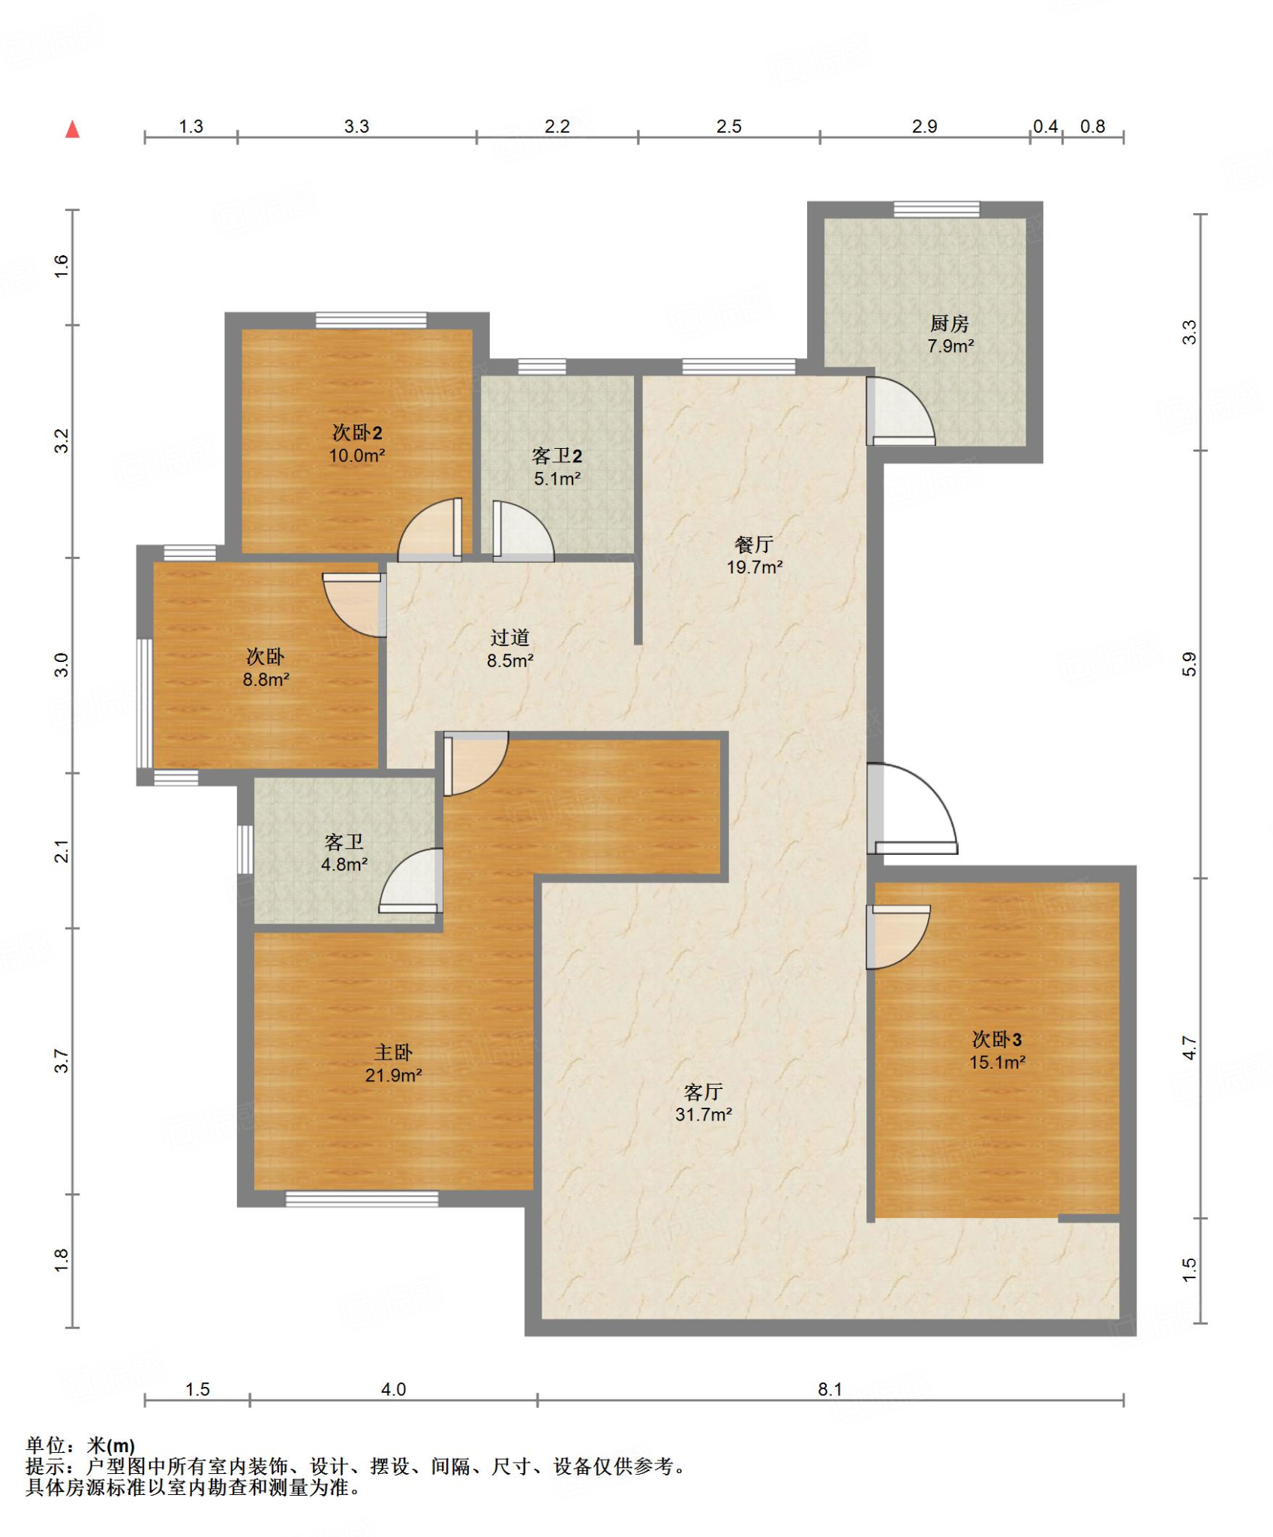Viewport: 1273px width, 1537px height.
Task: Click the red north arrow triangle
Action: click(x=72, y=130)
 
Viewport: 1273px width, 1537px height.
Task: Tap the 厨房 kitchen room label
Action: click(x=949, y=323)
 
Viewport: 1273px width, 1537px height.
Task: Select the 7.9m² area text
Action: click(x=950, y=346)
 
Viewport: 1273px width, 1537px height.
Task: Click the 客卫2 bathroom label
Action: click(x=557, y=456)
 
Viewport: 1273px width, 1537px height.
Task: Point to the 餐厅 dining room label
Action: click(x=754, y=544)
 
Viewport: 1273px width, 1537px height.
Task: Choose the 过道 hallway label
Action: click(x=510, y=637)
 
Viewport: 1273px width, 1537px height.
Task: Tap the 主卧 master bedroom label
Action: click(x=393, y=1052)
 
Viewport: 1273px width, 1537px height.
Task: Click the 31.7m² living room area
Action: click(x=703, y=1114)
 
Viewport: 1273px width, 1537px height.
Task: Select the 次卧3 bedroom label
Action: click(x=997, y=1039)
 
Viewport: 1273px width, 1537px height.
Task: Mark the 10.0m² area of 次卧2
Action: click(x=357, y=456)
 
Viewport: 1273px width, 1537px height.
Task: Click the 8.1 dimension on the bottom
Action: click(x=830, y=1389)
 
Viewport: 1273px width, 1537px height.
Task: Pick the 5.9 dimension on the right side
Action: click(x=1189, y=664)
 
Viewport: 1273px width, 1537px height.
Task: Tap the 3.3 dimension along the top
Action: click(x=356, y=126)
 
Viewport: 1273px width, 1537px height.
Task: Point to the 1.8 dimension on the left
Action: click(x=62, y=1260)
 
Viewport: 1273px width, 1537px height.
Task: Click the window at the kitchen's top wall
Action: click(x=936, y=209)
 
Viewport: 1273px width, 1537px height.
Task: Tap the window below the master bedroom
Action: click(x=362, y=1199)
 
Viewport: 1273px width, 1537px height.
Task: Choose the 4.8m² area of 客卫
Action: click(x=344, y=865)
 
